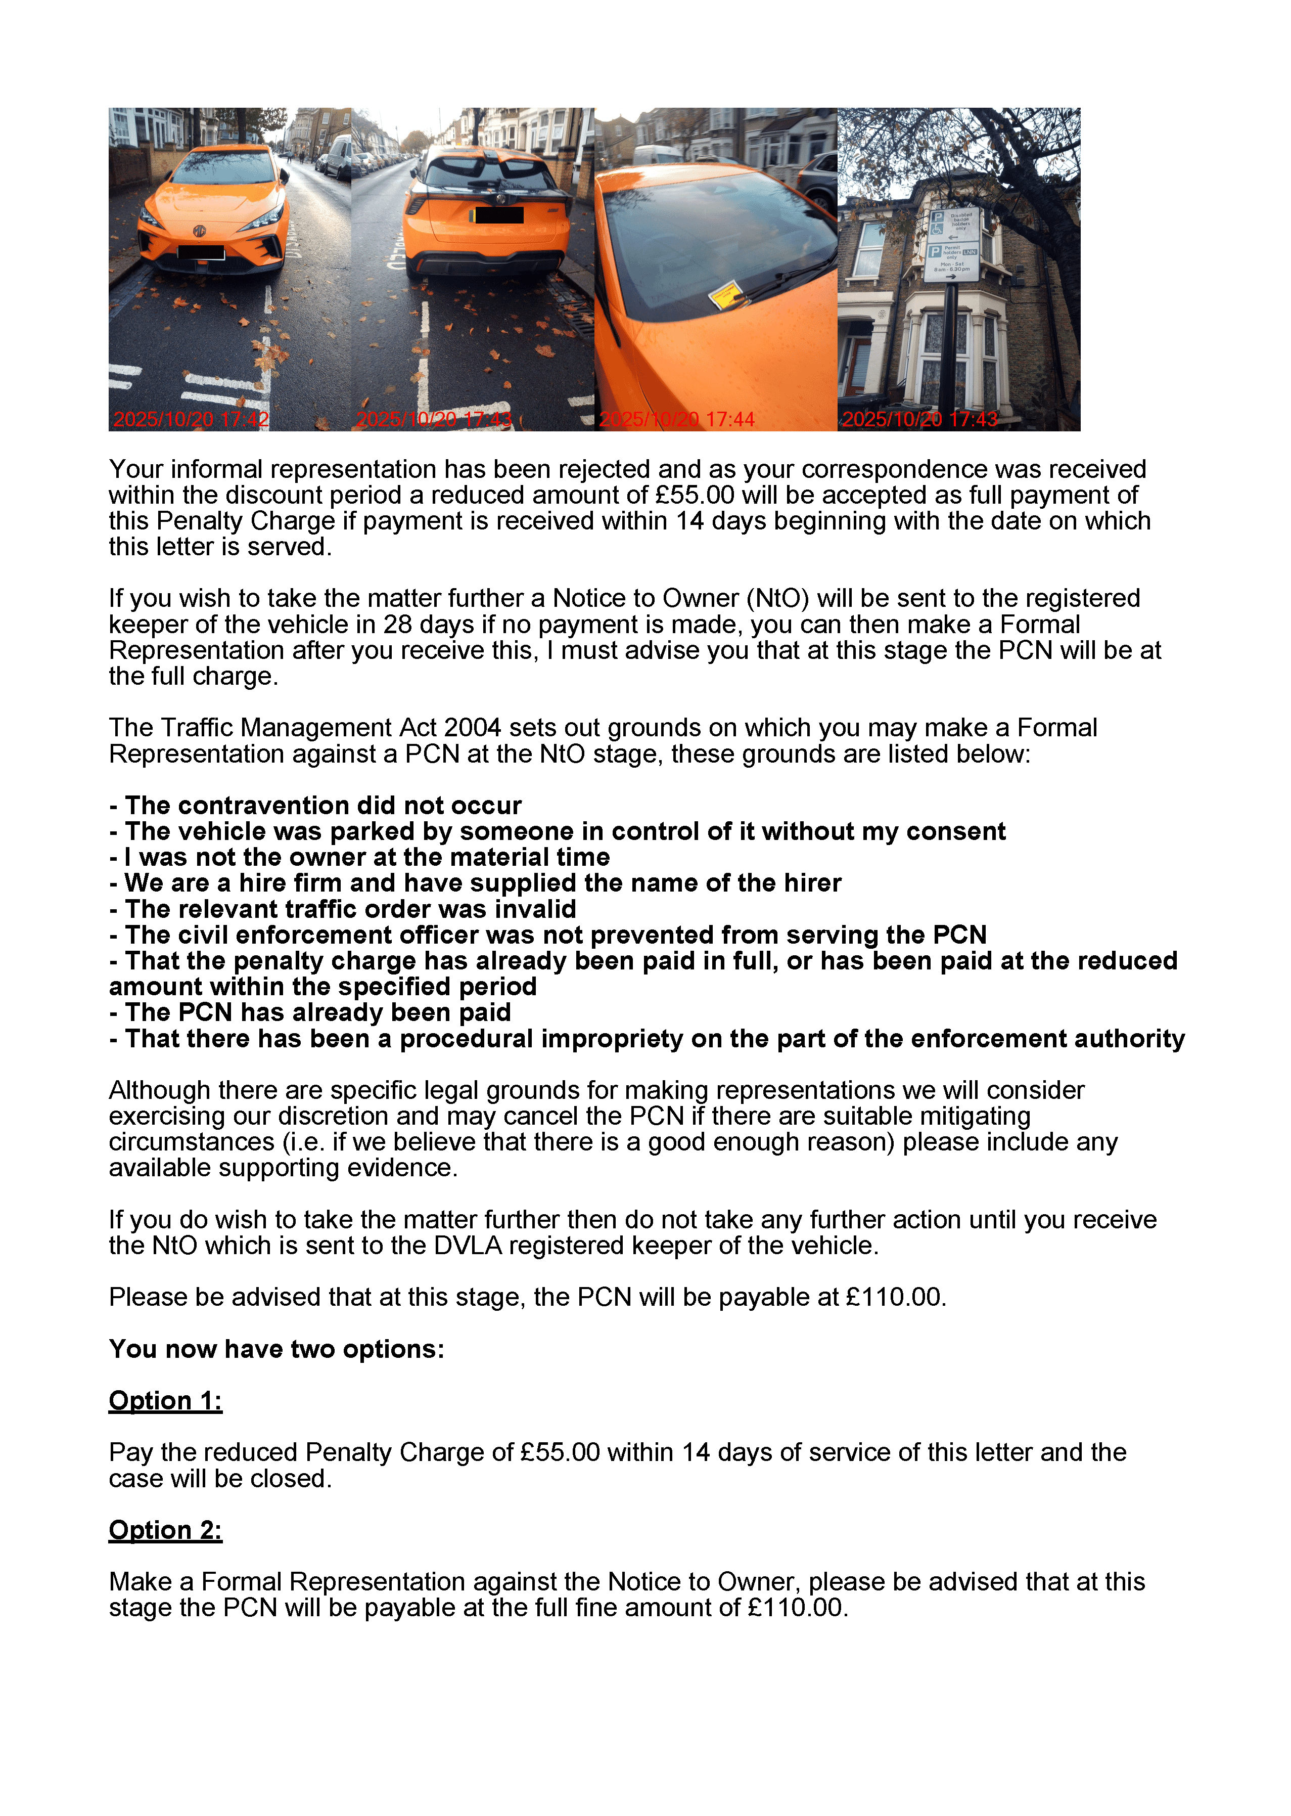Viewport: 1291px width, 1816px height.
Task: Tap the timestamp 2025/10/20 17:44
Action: pos(676,419)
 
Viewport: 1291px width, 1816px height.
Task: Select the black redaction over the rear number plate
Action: pos(498,215)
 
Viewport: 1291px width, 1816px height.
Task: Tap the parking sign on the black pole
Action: pos(954,245)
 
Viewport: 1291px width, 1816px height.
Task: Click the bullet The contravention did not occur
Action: pos(315,806)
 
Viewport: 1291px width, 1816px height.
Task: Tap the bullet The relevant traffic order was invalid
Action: pos(343,909)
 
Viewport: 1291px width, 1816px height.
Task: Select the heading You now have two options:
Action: pos(276,1349)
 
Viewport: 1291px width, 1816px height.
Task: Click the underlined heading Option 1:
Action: pos(165,1400)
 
